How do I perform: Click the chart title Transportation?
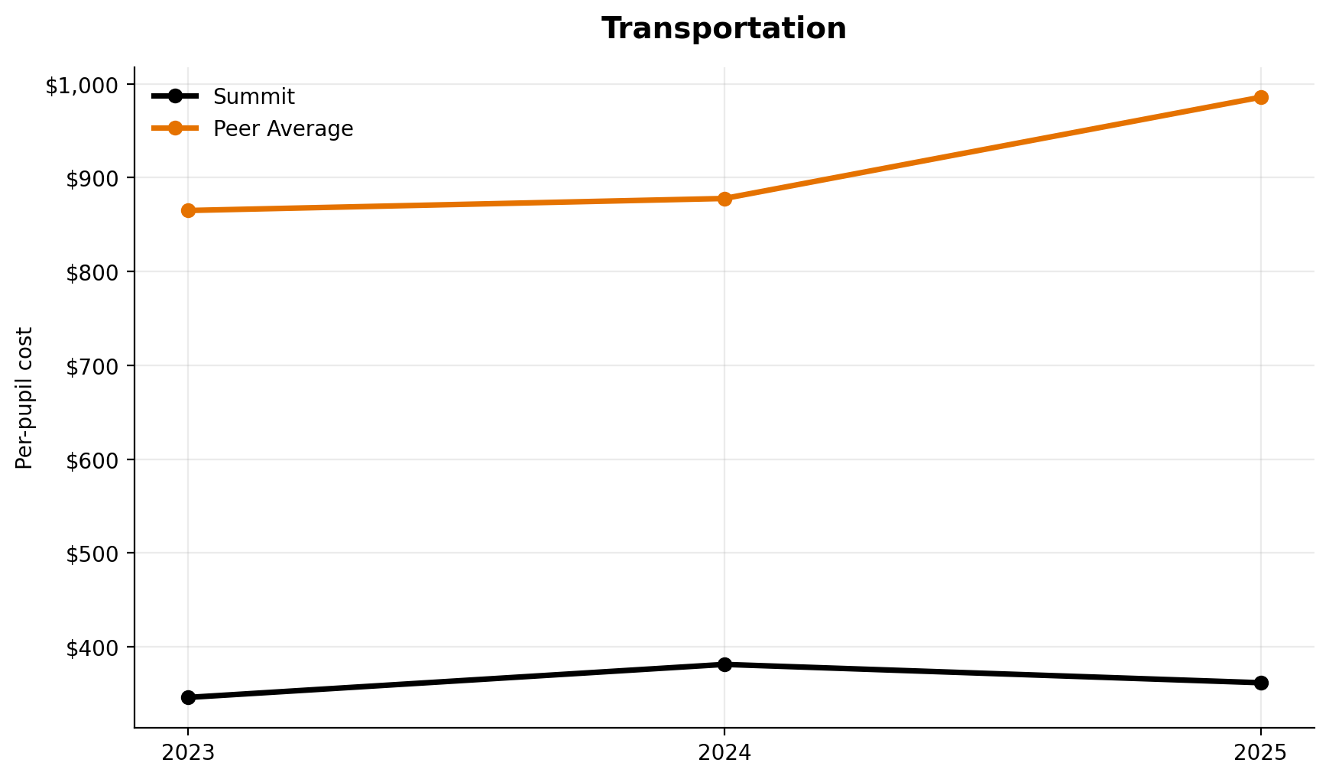pyautogui.click(x=723, y=29)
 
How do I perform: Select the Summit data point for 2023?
pyautogui.click(x=188, y=697)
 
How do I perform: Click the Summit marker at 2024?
pyautogui.click(x=724, y=664)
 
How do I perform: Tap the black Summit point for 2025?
pyautogui.click(x=1261, y=683)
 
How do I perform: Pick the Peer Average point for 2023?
pyautogui.click(x=188, y=210)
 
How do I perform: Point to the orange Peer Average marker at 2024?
pyautogui.click(x=724, y=199)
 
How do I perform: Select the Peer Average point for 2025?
pyautogui.click(x=1261, y=97)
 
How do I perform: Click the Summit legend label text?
pyautogui.click(x=254, y=97)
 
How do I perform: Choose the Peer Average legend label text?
pyautogui.click(x=283, y=129)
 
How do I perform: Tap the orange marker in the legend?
pyautogui.click(x=175, y=128)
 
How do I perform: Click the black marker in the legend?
pyautogui.click(x=175, y=96)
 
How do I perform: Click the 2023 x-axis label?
pyautogui.click(x=188, y=753)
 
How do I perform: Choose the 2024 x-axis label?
pyautogui.click(x=724, y=753)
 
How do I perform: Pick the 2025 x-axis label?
pyautogui.click(x=1261, y=753)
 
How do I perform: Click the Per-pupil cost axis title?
pyautogui.click(x=25, y=398)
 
